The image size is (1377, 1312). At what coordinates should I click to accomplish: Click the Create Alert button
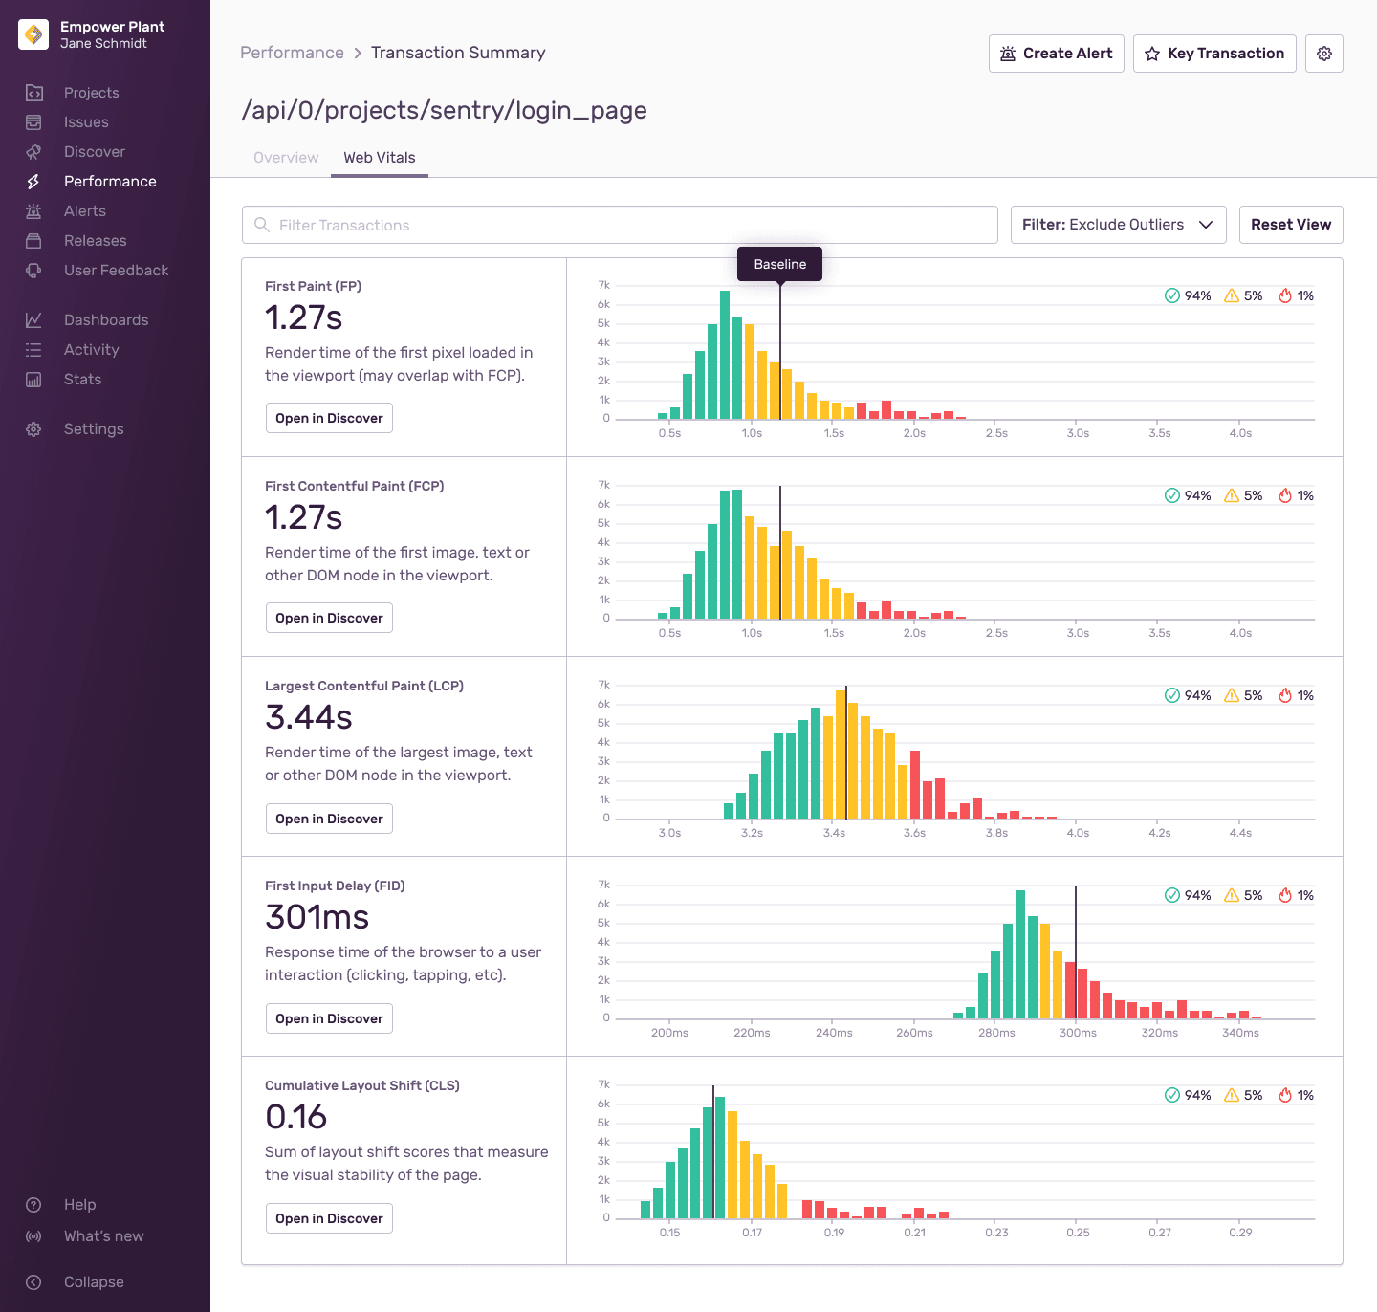click(x=1056, y=54)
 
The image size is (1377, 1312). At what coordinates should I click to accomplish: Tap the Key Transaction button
click(x=1214, y=54)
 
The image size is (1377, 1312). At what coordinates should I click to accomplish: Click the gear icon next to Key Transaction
click(x=1323, y=54)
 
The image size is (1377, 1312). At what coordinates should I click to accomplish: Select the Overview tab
click(x=286, y=158)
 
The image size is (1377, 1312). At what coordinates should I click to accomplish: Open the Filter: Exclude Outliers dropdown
click(x=1118, y=225)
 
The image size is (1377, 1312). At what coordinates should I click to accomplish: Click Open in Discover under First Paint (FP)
click(x=329, y=418)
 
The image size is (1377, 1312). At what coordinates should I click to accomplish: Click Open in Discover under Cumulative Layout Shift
click(x=329, y=1218)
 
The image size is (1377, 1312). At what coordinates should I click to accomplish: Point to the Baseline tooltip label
click(x=779, y=264)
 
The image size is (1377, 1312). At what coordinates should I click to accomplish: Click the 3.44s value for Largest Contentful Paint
click(x=309, y=717)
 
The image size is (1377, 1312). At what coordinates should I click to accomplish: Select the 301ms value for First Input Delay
click(x=317, y=917)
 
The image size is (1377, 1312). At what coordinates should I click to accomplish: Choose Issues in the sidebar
click(x=86, y=122)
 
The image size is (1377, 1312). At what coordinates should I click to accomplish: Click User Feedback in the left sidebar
click(x=116, y=271)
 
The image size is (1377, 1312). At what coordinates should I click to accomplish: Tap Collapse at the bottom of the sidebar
click(x=93, y=1282)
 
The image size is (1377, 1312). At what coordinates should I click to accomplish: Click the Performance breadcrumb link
click(x=292, y=53)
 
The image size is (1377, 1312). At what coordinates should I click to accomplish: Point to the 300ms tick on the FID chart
click(x=1078, y=1033)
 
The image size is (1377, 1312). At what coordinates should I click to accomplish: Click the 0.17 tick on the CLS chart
click(x=752, y=1233)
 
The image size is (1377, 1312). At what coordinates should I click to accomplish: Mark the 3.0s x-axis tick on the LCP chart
click(x=669, y=833)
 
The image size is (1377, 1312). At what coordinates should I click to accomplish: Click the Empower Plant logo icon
click(x=33, y=34)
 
